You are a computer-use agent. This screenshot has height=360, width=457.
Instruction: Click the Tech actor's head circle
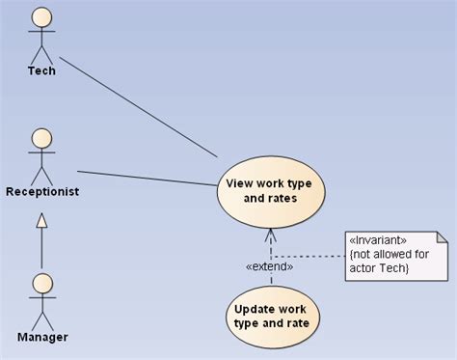click(41, 17)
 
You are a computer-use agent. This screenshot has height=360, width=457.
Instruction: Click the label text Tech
click(41, 70)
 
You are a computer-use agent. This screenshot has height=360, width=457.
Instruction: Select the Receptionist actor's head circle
click(41, 139)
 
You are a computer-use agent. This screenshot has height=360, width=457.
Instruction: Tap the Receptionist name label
click(42, 192)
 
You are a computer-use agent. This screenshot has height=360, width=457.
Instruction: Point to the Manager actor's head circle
click(42, 284)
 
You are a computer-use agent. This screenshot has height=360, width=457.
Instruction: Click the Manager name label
click(42, 337)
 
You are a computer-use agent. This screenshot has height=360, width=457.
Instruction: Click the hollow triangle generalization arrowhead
click(41, 221)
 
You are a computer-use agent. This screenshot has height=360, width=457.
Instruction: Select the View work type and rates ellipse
click(271, 192)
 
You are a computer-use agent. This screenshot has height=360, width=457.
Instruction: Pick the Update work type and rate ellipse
click(272, 318)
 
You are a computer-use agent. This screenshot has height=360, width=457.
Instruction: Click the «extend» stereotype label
click(269, 266)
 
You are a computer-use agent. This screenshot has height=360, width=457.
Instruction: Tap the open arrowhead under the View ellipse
click(271, 235)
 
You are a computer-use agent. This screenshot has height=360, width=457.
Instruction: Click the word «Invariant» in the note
click(378, 240)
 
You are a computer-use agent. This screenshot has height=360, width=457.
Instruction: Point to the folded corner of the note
click(443, 237)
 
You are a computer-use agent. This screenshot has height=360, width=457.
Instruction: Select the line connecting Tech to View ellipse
click(139, 107)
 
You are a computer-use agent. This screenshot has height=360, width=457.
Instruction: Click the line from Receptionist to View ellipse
click(148, 179)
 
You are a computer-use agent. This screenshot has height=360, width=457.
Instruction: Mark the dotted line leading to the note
click(309, 257)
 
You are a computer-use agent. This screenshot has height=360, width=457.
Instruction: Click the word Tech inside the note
click(393, 268)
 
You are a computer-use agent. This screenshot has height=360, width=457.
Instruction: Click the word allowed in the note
click(391, 254)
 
